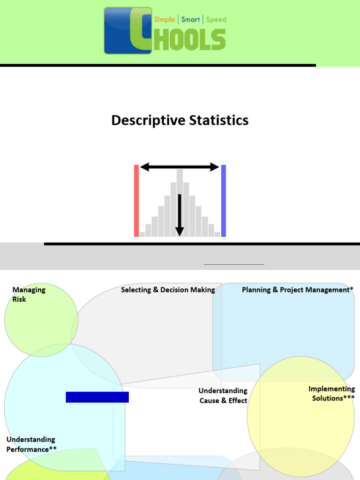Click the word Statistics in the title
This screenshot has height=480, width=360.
[218, 120]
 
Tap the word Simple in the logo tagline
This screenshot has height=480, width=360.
[165, 20]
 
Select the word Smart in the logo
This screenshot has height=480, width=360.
[190, 20]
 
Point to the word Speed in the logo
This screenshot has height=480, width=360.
[216, 20]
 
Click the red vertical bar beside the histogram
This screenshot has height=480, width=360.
[136, 201]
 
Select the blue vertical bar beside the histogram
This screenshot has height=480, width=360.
[224, 201]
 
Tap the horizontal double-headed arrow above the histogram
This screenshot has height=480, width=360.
[180, 167]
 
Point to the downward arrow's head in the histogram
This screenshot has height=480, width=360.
[180, 231]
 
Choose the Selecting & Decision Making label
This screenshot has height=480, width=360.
[168, 290]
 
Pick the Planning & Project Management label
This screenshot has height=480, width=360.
[297, 290]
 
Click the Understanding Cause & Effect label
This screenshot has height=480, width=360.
[223, 396]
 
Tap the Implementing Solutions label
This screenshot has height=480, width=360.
[332, 393]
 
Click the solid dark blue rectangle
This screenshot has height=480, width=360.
[97, 397]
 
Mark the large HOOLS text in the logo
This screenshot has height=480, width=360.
[191, 39]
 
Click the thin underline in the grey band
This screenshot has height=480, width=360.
[234, 264]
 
